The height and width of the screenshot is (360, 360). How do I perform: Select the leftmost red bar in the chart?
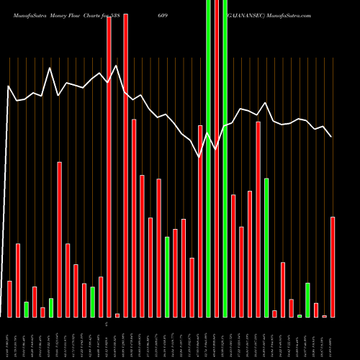(x=10, y=299)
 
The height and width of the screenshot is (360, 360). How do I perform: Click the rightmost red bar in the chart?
(x=333, y=266)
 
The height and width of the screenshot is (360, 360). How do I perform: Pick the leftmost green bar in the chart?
(x=27, y=310)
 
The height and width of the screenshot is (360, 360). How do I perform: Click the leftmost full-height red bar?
(x=109, y=166)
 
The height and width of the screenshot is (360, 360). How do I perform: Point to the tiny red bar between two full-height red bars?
(x=117, y=315)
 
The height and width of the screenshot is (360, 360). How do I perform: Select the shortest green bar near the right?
(x=300, y=315)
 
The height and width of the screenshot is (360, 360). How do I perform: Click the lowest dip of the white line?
(x=199, y=156)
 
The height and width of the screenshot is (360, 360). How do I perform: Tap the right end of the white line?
(x=332, y=137)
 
